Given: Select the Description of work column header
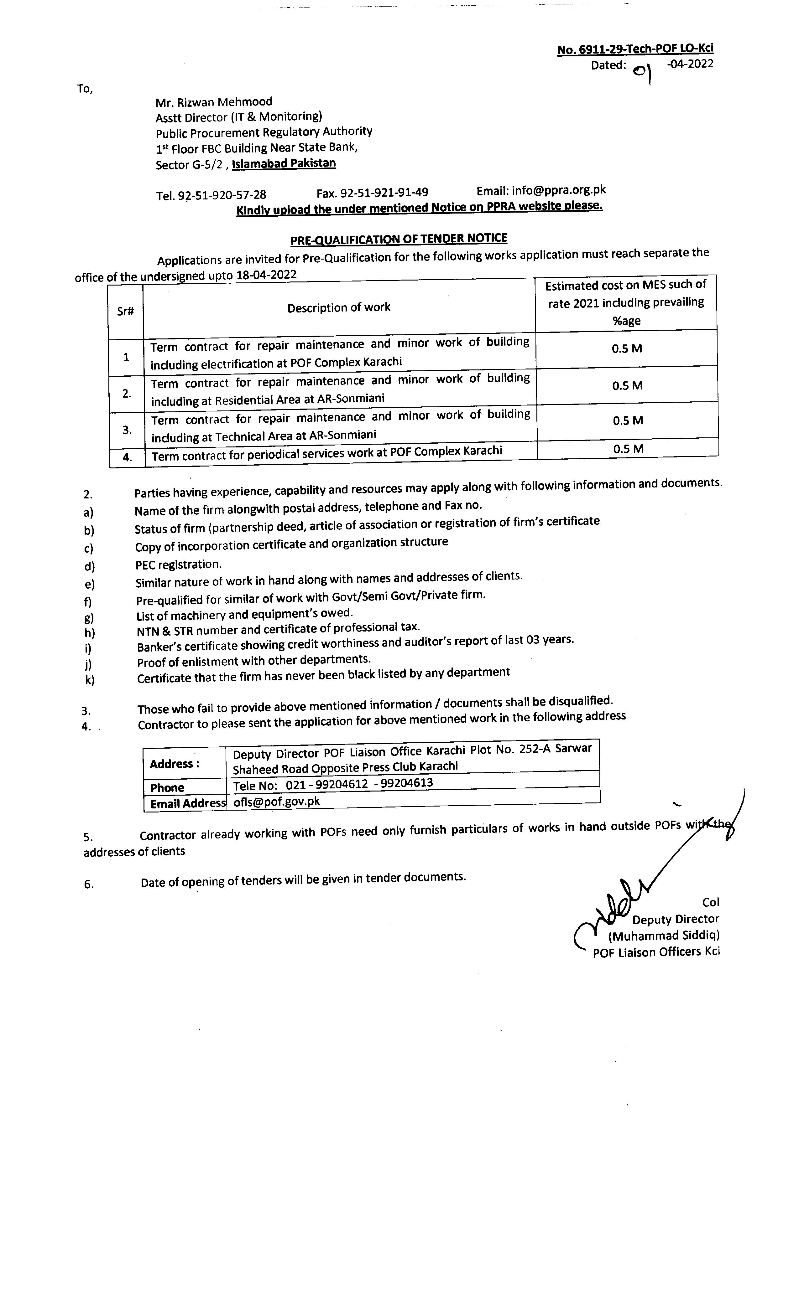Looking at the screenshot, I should tap(339, 307).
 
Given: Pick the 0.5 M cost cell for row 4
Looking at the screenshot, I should tap(628, 449).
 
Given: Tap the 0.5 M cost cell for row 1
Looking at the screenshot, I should tap(627, 348).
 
